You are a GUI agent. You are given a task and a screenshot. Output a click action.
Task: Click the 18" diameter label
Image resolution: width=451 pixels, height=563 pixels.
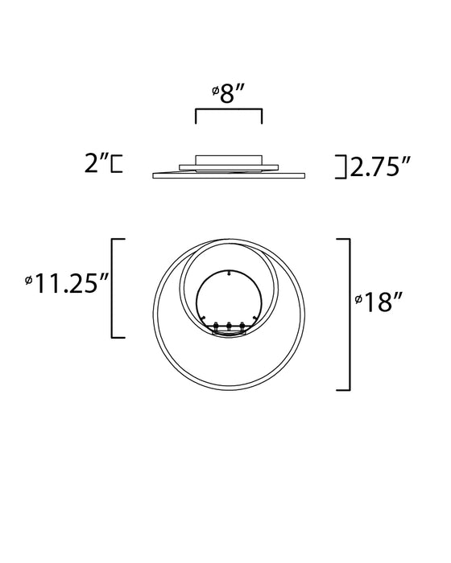pyautogui.click(x=383, y=302)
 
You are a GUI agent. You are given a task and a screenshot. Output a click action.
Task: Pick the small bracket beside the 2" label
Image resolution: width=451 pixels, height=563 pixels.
pyautogui.click(x=117, y=164)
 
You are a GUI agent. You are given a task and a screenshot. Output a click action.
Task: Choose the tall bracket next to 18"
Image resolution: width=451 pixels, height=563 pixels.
pyautogui.click(x=347, y=314)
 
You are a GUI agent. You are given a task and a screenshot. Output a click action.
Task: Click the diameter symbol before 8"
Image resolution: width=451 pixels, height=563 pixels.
pyautogui.click(x=216, y=94)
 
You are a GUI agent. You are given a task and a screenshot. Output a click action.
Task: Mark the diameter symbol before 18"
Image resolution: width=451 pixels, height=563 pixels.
pyautogui.click(x=359, y=302)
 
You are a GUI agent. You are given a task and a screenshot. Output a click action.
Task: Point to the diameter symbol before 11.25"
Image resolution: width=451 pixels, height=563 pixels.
pyautogui.click(x=29, y=281)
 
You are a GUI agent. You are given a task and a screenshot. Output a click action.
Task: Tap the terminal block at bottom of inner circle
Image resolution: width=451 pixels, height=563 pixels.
pyautogui.click(x=229, y=328)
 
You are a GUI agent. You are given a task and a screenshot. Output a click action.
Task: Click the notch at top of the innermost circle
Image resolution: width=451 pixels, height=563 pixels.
pyautogui.click(x=230, y=273)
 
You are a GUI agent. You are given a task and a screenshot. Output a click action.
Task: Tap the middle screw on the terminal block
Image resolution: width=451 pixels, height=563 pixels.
pyautogui.click(x=230, y=326)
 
